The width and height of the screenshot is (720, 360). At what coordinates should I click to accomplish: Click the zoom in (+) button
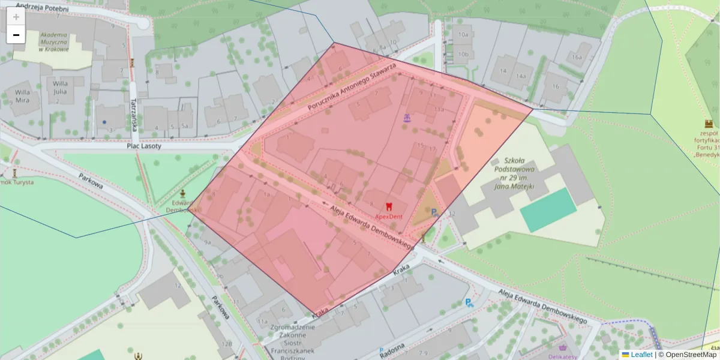(16, 17)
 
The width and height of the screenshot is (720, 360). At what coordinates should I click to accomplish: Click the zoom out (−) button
(16, 35)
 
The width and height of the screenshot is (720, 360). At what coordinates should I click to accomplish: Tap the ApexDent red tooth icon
(389, 207)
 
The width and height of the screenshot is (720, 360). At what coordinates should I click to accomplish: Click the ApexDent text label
(389, 216)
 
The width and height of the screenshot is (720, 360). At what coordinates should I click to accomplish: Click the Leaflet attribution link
(641, 355)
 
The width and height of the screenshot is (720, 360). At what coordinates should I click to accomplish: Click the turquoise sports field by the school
(548, 209)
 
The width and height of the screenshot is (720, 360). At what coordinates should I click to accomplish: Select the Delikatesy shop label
(562, 356)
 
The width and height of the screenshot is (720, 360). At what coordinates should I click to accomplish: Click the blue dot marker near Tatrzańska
(104, 122)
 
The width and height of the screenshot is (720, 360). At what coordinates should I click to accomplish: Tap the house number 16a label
(577, 57)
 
